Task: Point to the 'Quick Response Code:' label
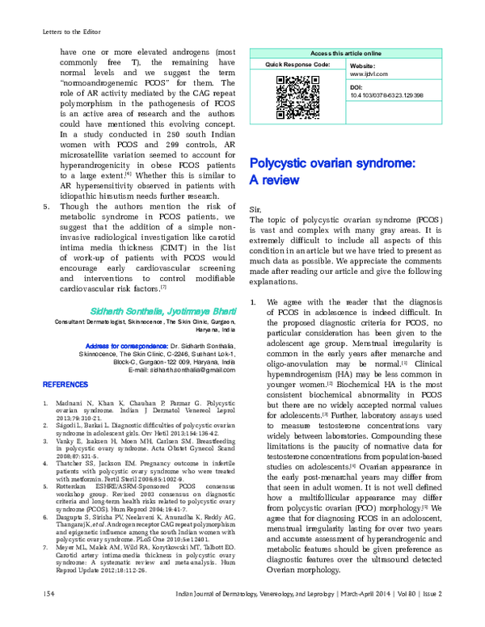point(297,63)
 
